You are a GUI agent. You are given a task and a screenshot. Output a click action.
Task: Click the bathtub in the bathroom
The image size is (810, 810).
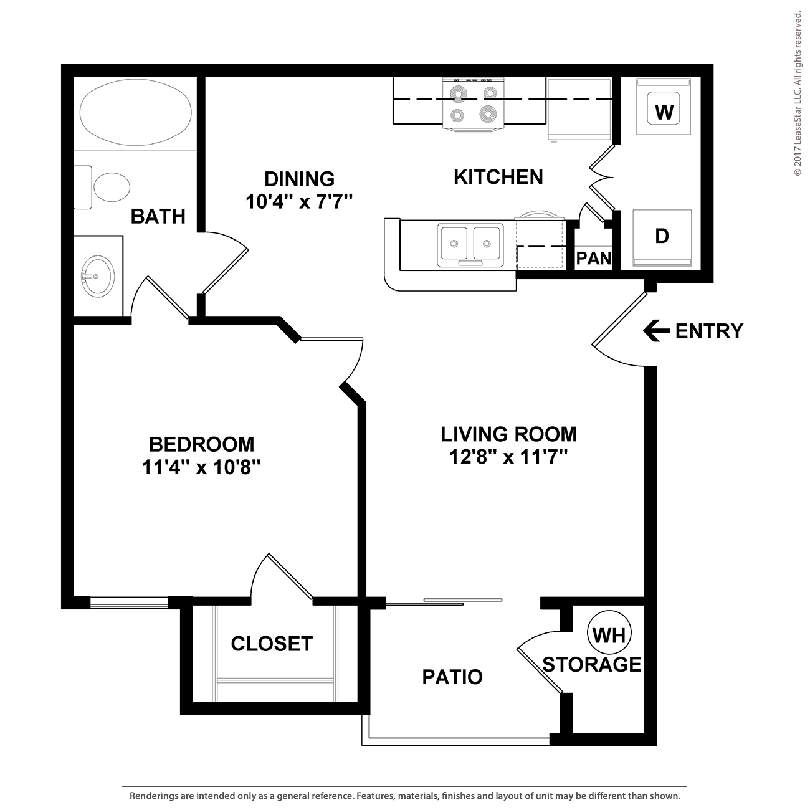135,112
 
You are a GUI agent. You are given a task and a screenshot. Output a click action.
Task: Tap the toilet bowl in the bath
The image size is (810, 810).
112,187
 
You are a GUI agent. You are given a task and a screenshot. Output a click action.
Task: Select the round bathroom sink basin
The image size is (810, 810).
98,276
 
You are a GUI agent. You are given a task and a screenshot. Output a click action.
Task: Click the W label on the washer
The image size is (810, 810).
664,112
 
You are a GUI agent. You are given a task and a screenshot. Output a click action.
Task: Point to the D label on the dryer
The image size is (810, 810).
662,236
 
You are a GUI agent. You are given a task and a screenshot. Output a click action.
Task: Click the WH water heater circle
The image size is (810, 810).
609,634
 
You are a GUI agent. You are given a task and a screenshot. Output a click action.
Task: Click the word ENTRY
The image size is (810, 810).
710,331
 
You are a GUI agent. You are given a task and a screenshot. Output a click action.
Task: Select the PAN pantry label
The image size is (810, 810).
594,258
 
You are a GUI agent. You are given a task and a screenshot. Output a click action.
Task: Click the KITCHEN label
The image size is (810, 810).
498,177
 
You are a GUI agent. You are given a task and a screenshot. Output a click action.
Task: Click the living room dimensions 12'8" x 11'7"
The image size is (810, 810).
508,457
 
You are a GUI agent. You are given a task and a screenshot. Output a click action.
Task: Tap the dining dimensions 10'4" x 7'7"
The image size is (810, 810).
299,201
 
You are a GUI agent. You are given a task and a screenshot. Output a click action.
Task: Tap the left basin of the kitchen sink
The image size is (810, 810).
453,243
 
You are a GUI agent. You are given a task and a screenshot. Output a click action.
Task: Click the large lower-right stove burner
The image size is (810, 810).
488,113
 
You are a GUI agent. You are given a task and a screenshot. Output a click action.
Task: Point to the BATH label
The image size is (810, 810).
158,216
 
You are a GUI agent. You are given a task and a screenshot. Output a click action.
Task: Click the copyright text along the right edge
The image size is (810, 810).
798,94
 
